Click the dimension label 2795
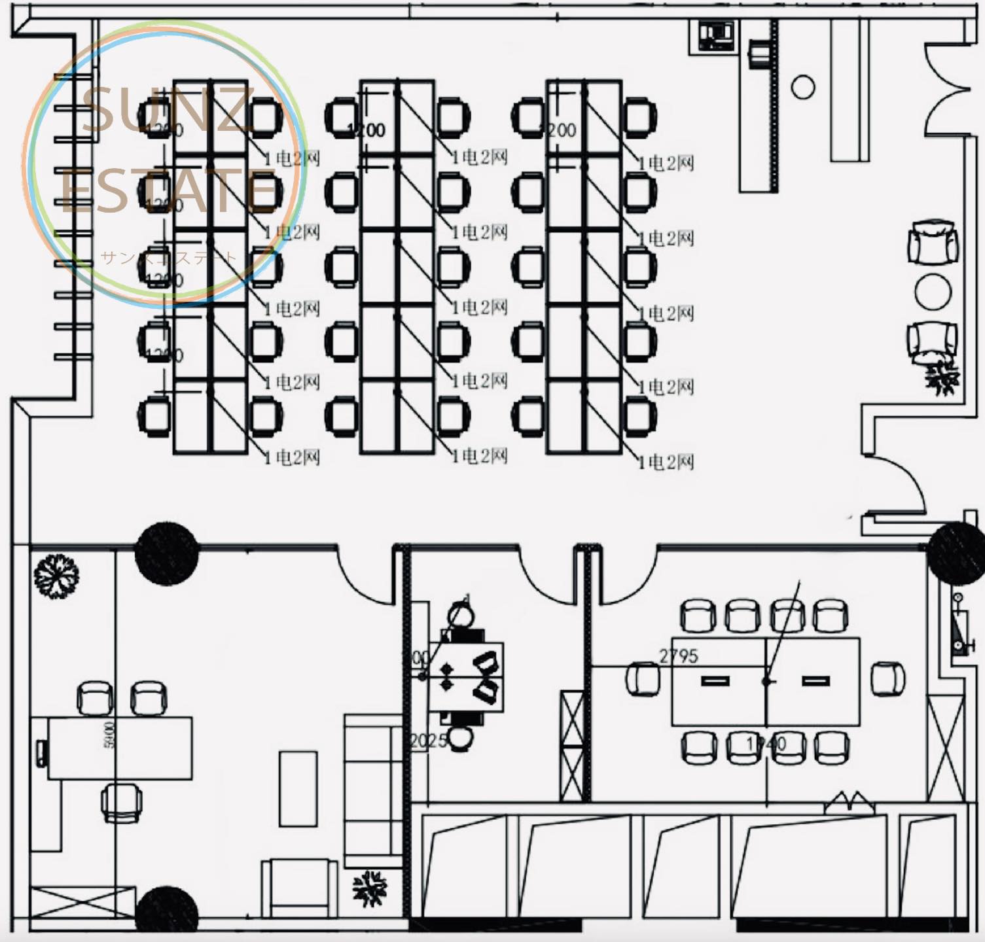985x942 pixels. point(679,655)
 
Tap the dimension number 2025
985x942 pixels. point(429,741)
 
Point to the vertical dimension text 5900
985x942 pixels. point(109,736)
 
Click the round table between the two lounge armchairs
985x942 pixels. point(933,292)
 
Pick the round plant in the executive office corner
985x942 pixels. point(56,575)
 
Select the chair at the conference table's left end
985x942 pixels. point(643,678)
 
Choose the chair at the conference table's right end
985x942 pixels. point(888,678)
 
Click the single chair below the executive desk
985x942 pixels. point(122,802)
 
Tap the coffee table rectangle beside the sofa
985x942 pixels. point(298,788)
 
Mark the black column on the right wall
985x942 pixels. point(957,551)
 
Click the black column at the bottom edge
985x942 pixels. point(166,913)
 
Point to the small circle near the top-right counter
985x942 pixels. point(803,87)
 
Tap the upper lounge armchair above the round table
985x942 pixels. point(933,243)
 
